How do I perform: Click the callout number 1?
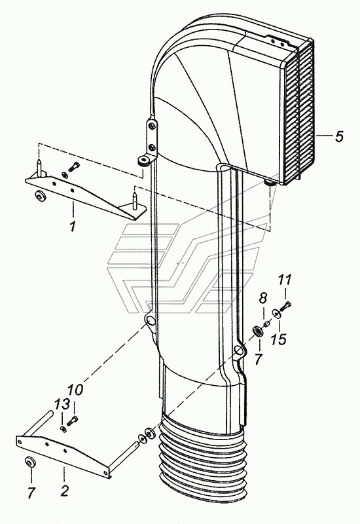pos(73,226)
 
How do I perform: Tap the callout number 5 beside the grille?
pos(339,136)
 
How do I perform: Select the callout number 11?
pos(285,280)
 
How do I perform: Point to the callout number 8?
pos(263,298)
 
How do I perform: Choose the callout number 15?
pos(279,339)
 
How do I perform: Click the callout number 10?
pos(75,390)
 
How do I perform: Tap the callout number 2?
pos(64,491)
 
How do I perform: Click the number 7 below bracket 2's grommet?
pos(31,493)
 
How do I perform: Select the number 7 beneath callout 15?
pos(258,359)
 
